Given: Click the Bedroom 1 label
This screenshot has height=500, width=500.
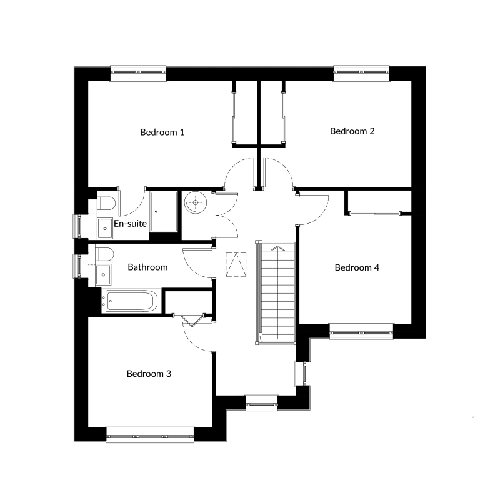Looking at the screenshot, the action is pyautogui.click(x=162, y=132).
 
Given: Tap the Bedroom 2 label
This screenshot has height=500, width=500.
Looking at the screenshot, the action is pyautogui.click(x=352, y=131).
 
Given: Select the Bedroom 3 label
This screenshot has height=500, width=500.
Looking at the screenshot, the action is pyautogui.click(x=149, y=373).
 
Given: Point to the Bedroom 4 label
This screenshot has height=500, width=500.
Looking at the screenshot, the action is pyautogui.click(x=357, y=267).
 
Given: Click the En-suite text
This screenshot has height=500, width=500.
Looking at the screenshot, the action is pyautogui.click(x=130, y=224).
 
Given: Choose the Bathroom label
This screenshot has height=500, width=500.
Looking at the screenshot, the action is pyautogui.click(x=147, y=267).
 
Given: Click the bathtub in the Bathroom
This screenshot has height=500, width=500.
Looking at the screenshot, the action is pyautogui.click(x=129, y=301).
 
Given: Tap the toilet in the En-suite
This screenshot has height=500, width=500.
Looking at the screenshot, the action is pyautogui.click(x=106, y=203).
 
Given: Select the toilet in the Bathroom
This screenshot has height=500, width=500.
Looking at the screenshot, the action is pyautogui.click(x=104, y=254).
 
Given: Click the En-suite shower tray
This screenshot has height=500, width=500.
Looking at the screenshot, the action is pyautogui.click(x=164, y=211).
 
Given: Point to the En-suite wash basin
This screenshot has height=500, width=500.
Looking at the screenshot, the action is pyautogui.click(x=105, y=228).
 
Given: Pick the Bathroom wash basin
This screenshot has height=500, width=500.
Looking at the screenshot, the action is pyautogui.click(x=103, y=274).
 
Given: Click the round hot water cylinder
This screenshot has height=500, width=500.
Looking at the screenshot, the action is pyautogui.click(x=196, y=202).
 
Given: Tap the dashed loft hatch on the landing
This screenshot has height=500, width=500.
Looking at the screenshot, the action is pyautogui.click(x=236, y=264).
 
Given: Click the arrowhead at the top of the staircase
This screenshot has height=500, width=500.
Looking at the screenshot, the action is pyautogui.click(x=277, y=248).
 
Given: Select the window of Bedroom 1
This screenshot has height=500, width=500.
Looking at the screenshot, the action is pyautogui.click(x=138, y=73).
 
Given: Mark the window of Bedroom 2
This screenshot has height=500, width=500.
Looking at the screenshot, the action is pyautogui.click(x=361, y=73).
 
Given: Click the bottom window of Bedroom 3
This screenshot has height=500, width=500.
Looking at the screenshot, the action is pyautogui.click(x=150, y=435).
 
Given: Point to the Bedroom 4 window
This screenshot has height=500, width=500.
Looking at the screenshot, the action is pyautogui.click(x=361, y=331).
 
